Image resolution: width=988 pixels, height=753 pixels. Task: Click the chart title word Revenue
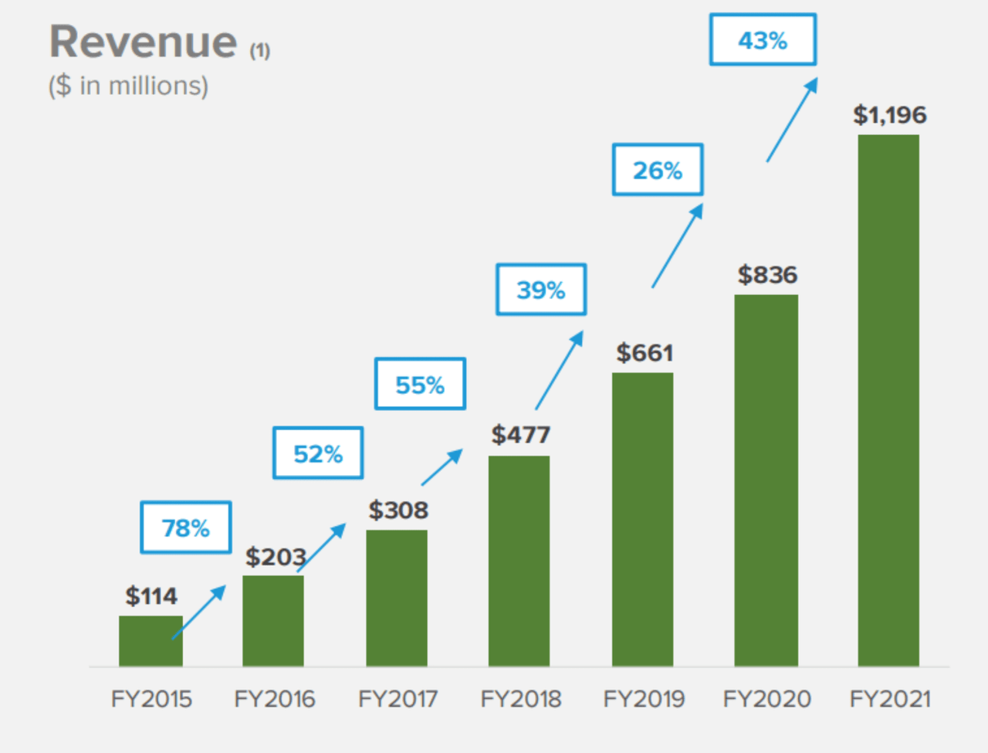point(143,42)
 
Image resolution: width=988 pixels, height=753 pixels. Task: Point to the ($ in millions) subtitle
point(128,86)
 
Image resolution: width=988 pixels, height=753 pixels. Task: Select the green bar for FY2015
point(151,642)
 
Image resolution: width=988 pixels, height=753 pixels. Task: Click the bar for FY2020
point(766,480)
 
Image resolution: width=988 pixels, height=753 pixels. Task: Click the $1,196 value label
point(889,115)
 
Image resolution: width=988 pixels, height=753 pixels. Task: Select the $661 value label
point(645,353)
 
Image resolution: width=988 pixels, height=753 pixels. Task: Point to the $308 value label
point(398,510)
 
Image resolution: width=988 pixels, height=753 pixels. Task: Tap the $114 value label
point(151,596)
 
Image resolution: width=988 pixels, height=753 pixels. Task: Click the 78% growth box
point(186,527)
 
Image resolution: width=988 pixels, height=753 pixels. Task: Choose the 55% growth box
point(420,384)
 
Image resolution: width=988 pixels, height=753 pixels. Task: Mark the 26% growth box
point(658,170)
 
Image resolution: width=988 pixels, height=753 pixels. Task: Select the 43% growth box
point(763,40)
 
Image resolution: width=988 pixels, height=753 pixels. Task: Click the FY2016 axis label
point(275,699)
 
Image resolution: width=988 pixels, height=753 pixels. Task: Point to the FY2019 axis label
point(644,699)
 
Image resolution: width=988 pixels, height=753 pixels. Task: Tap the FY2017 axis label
point(398,699)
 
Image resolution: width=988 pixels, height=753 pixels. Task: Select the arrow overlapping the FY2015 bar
point(198,612)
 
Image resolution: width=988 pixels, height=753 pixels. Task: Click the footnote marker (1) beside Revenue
point(259,51)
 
